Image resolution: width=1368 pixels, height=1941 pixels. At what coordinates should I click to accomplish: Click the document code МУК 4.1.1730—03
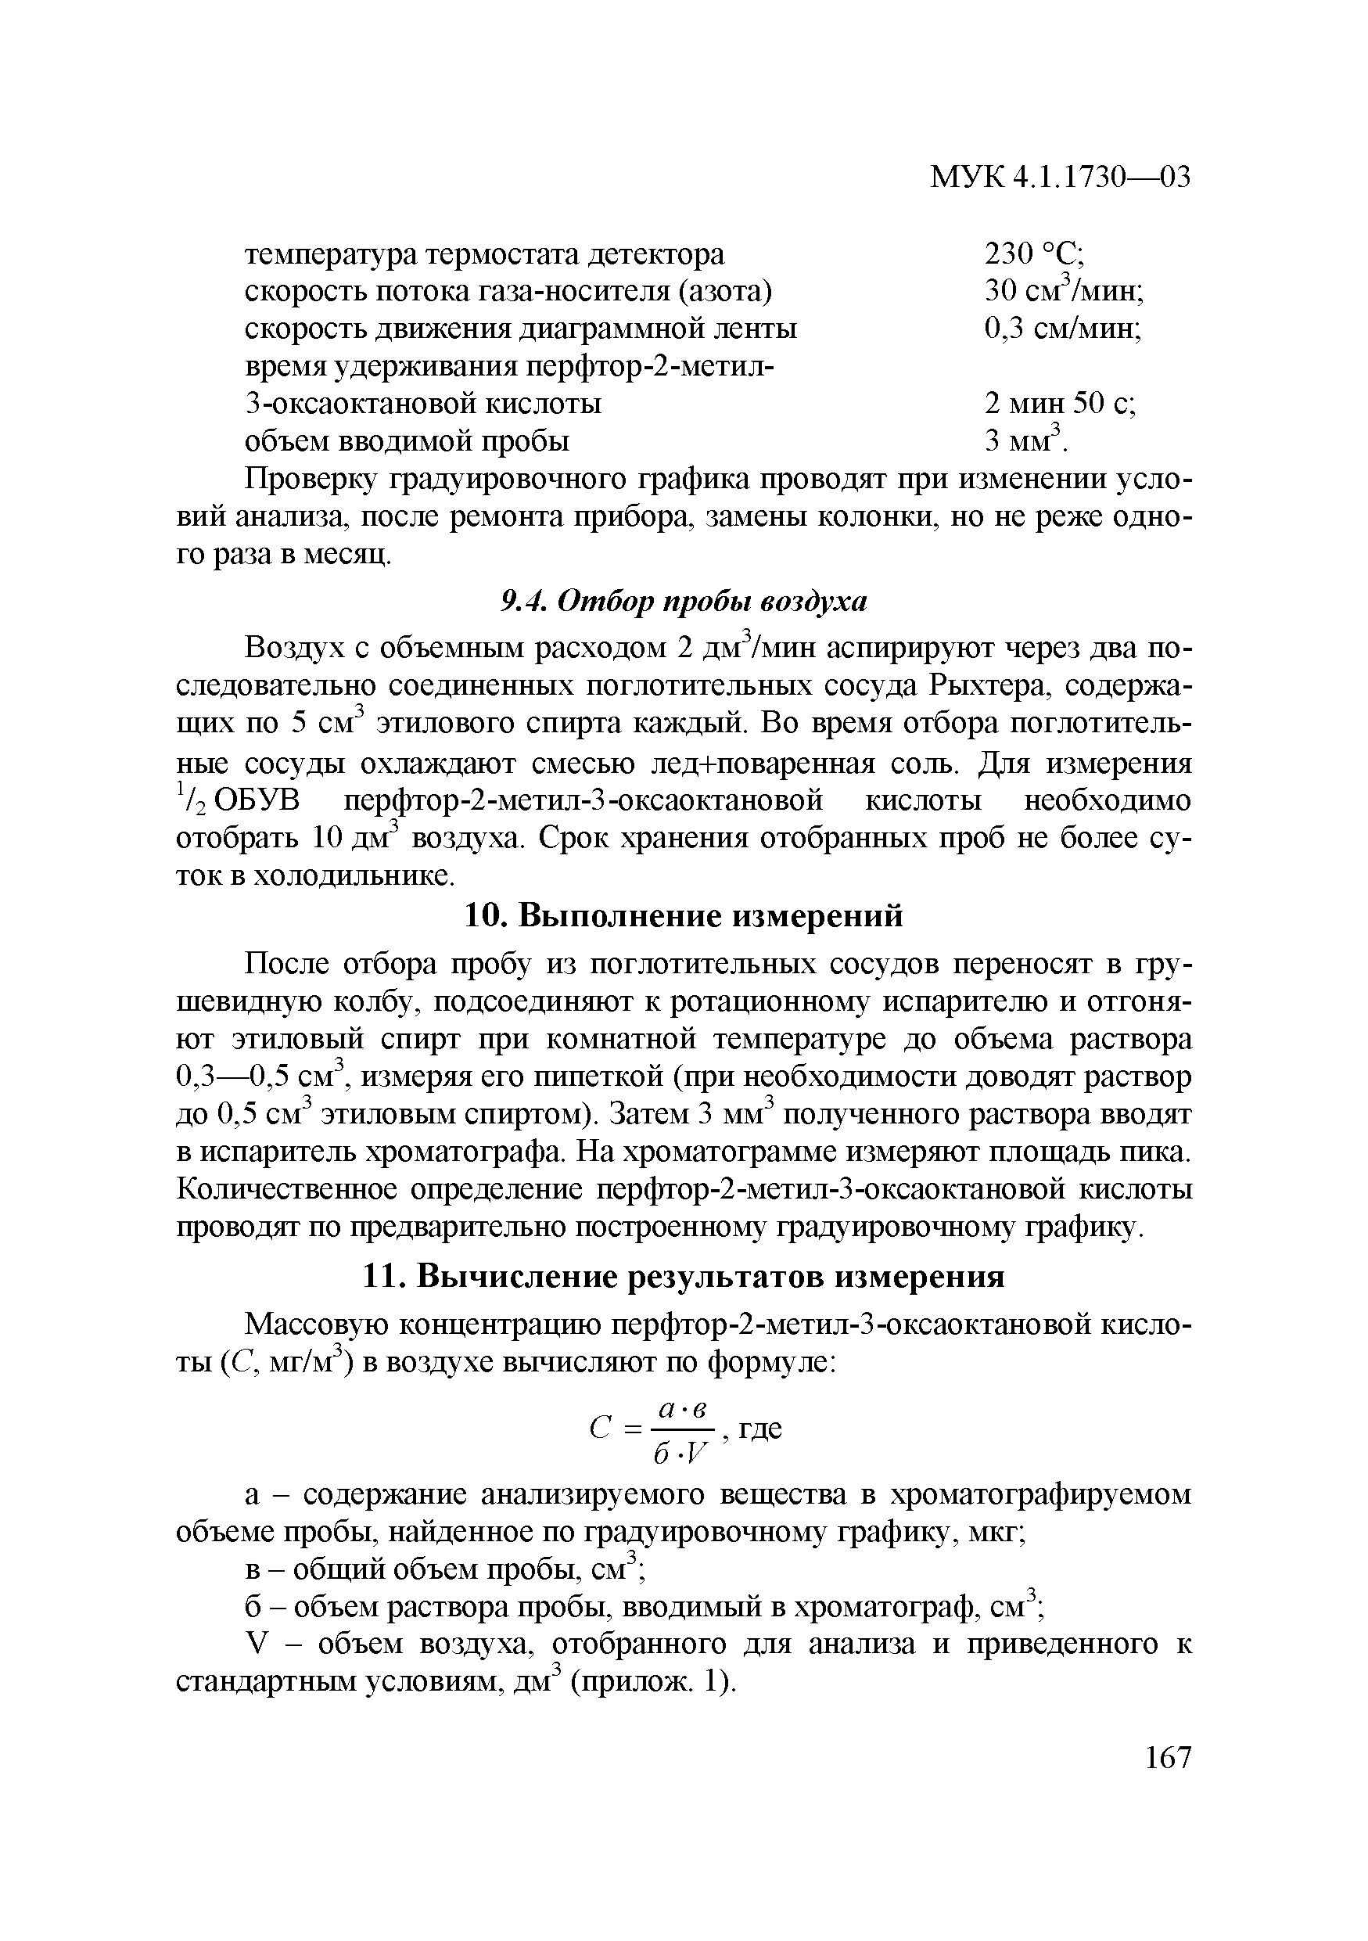pos(1060,178)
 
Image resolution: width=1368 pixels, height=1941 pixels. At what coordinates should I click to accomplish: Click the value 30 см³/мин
pos(1064,291)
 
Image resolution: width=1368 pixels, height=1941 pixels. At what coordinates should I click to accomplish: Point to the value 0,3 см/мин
pos(1063,328)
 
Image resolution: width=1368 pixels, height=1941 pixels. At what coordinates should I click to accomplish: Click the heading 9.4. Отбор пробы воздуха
pos(684,601)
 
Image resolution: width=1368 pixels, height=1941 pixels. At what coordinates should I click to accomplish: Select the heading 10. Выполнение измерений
pos(684,915)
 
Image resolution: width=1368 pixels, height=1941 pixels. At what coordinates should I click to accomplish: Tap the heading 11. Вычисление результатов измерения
pos(684,1277)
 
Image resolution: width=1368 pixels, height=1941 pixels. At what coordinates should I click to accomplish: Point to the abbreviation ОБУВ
pos(253,800)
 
